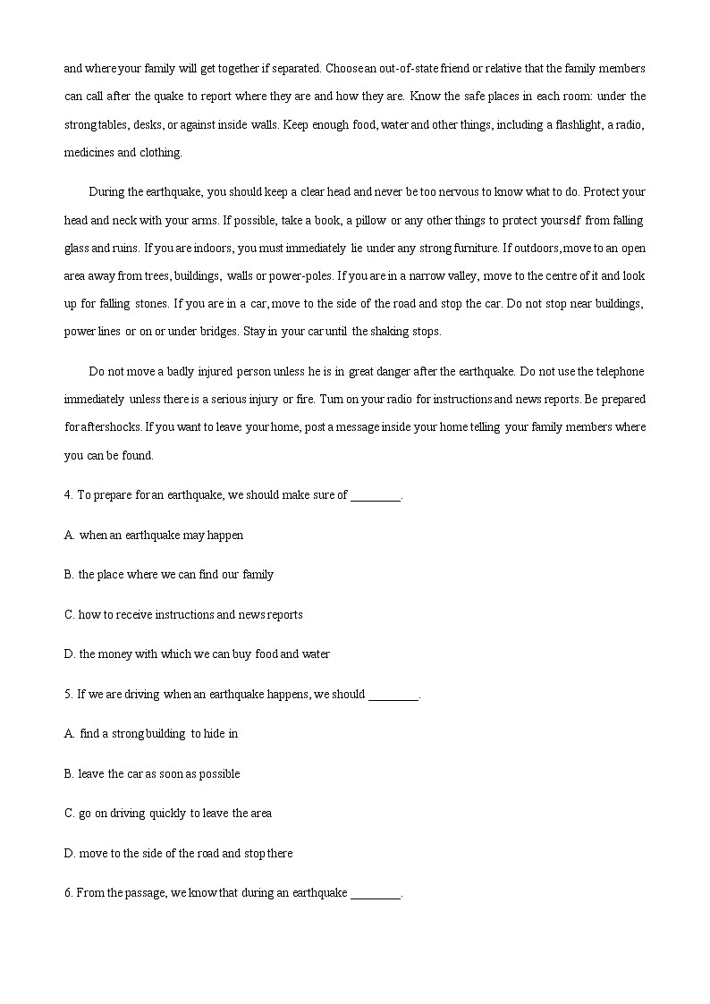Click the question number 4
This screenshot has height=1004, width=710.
[x=69, y=494]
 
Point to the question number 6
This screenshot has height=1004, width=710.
[x=68, y=892]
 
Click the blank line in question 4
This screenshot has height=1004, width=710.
[x=376, y=496]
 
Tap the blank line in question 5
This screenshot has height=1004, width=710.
[x=393, y=696]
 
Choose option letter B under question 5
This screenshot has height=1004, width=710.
[x=69, y=773]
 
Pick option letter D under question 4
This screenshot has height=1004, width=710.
[x=69, y=654]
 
